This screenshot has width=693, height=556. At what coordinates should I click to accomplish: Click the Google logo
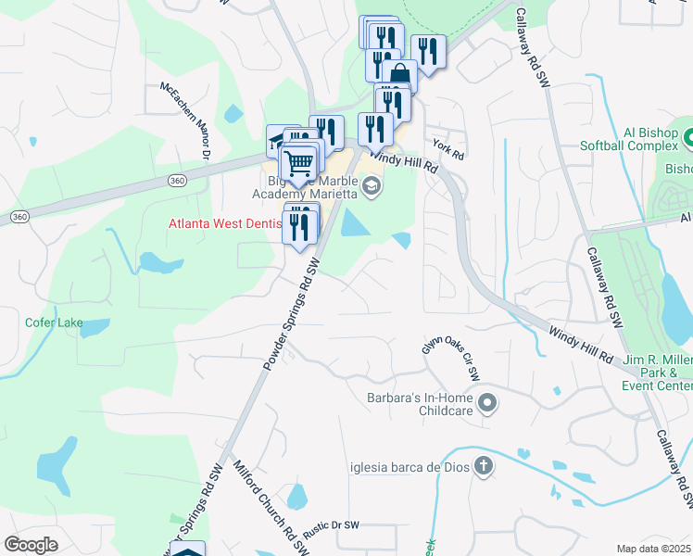tap(31, 545)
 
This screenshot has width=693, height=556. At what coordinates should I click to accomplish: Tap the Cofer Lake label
tap(54, 323)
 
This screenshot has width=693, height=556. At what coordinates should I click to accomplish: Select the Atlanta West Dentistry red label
tap(223, 223)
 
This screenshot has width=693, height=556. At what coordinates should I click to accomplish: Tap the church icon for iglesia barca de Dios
tap(482, 466)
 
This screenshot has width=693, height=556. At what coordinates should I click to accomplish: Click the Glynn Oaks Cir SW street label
tap(450, 358)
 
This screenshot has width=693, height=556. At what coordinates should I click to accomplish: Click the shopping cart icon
tap(298, 163)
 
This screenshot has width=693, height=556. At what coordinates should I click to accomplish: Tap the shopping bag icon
tap(400, 74)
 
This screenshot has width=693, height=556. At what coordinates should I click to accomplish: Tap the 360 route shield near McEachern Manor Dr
tap(177, 181)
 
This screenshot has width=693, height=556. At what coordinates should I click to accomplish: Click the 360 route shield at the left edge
tap(18, 216)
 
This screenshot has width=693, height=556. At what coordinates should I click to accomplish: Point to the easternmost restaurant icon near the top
tap(428, 50)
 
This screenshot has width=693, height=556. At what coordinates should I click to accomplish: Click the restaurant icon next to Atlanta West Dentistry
tap(298, 227)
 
